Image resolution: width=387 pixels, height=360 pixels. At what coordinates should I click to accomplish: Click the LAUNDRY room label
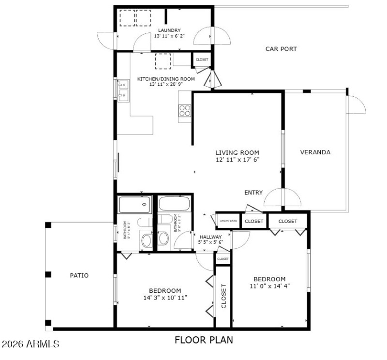coord(167,30)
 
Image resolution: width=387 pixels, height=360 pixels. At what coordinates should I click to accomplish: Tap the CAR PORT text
coord(281,49)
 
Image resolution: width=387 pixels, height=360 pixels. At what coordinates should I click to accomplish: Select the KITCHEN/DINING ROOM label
coord(166,79)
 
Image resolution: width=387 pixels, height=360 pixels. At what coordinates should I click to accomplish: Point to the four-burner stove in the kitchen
coord(185,111)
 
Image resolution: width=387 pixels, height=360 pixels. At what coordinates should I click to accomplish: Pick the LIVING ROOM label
coord(237,152)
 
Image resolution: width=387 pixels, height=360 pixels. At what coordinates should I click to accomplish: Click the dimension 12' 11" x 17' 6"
coord(237,159)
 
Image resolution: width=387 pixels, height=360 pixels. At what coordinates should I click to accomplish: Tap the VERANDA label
coord(315,152)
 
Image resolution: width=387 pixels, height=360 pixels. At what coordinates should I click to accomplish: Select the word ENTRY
coord(253,193)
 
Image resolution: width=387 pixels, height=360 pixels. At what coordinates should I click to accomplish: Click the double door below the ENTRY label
coord(282,198)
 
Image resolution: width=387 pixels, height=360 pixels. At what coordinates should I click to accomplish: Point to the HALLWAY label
coord(211,237)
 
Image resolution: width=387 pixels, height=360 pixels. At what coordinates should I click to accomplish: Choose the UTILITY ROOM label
coord(228,221)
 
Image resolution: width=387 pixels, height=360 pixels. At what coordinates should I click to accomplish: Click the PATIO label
coord(79,275)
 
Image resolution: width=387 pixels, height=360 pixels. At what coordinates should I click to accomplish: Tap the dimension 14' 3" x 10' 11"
coord(165,298)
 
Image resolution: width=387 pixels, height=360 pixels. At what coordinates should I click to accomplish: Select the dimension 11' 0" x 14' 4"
coord(269,286)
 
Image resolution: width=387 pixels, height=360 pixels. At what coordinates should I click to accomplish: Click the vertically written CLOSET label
coord(223,296)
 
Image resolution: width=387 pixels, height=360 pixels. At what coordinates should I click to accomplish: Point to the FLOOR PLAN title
coord(204,340)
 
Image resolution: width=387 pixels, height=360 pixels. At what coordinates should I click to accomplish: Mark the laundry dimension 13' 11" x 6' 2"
coord(167,36)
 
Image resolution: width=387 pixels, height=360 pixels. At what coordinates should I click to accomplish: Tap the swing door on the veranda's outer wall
coord(355,104)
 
